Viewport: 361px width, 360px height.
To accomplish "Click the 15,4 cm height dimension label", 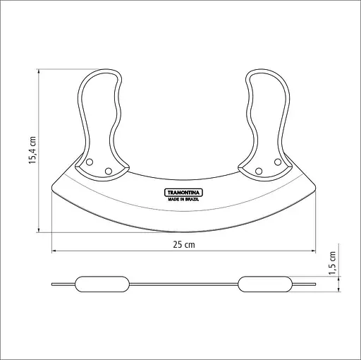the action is click(x=32, y=150).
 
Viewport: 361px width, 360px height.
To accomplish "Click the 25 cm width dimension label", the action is click(x=184, y=245).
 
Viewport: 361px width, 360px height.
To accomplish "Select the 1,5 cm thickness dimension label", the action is click(x=332, y=263).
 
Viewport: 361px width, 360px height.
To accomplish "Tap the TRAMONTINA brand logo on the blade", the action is click(x=183, y=193).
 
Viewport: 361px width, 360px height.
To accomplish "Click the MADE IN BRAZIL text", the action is click(x=183, y=199).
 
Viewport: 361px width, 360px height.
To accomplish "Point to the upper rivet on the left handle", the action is click(x=90, y=162).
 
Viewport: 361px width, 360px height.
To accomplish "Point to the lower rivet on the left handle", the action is click(x=109, y=171).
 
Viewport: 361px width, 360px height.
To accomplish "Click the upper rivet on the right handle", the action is click(x=278, y=162).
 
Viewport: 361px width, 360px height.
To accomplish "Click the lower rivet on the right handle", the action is click(x=259, y=171).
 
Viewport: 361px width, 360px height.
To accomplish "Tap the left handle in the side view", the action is click(x=102, y=284).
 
